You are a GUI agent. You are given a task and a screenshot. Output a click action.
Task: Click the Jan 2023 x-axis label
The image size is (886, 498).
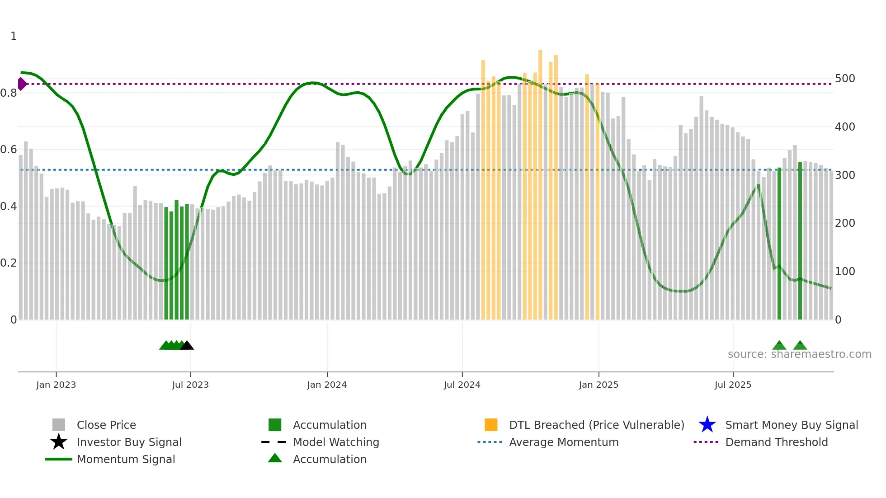click(x=56, y=385)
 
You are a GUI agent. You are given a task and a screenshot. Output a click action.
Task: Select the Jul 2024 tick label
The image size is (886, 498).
click(x=462, y=385)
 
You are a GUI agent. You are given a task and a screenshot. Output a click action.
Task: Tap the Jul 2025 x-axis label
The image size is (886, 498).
click(x=733, y=385)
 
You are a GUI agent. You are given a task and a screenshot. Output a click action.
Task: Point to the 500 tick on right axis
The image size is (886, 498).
click(x=845, y=79)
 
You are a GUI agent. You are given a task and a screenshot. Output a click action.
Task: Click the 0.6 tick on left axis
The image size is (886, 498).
click(x=9, y=150)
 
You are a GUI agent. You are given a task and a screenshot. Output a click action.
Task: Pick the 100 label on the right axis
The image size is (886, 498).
click(x=845, y=272)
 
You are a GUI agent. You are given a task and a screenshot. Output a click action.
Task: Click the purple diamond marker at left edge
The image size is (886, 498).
click(x=22, y=84)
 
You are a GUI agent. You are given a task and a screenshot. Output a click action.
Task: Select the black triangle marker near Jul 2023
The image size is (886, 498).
click(x=187, y=346)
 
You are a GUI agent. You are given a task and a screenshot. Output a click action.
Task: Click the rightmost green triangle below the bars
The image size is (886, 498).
click(x=800, y=346)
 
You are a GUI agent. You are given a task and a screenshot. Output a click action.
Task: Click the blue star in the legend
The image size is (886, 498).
click(x=707, y=425)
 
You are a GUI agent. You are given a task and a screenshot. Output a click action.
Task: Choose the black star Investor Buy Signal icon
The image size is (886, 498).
click(x=59, y=442)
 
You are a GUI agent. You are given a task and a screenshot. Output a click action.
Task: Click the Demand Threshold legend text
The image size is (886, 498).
click(x=776, y=442)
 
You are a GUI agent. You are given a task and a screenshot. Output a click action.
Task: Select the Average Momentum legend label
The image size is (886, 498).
click(x=564, y=442)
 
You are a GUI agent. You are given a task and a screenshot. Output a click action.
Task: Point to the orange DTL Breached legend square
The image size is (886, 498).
click(x=491, y=425)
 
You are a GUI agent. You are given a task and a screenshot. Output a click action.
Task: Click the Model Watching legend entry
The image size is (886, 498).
click(x=336, y=442)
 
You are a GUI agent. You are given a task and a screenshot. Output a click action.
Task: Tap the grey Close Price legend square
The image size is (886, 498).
click(x=59, y=425)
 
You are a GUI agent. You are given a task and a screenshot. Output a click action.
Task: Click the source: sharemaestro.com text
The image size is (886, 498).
click(x=799, y=354)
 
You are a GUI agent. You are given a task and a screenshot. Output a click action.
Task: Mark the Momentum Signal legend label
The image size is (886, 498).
click(x=126, y=459)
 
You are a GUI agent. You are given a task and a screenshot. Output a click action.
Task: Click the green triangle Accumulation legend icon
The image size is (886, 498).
click(x=275, y=458)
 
